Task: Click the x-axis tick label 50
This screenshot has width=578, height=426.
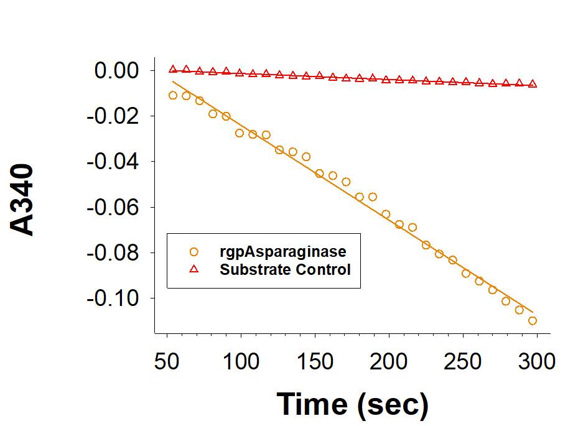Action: [167, 361]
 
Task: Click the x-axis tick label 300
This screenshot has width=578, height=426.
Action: [536, 361]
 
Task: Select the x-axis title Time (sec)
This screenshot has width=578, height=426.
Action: [353, 404]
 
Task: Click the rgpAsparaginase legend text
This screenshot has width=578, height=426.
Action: [283, 252]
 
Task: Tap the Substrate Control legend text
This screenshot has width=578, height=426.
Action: [286, 270]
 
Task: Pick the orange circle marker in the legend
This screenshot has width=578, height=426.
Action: [193, 252]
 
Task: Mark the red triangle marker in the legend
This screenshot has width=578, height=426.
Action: [193, 269]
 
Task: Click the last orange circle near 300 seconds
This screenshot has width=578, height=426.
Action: [533, 321]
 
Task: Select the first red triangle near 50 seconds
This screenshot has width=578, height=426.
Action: [173, 69]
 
